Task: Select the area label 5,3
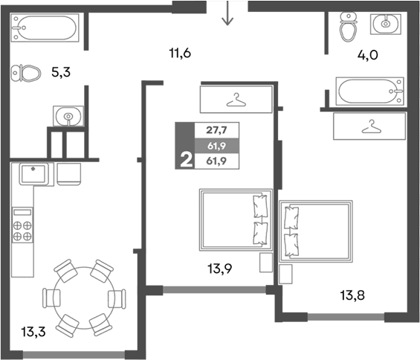(x=61, y=72)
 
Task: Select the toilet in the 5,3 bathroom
(x=26, y=73)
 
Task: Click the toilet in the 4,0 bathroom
(x=348, y=28)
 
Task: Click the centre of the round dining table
(x=81, y=298)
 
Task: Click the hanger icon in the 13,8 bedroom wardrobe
(x=369, y=127)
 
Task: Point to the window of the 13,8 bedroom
(x=346, y=318)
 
